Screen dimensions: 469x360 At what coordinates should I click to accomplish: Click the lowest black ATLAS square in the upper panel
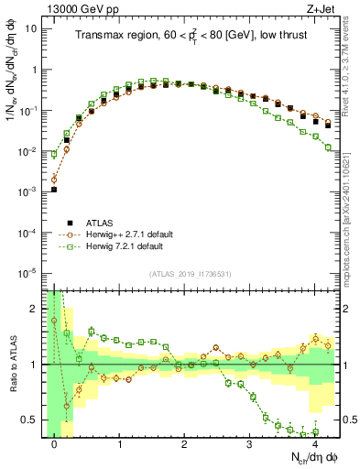(54, 190)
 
